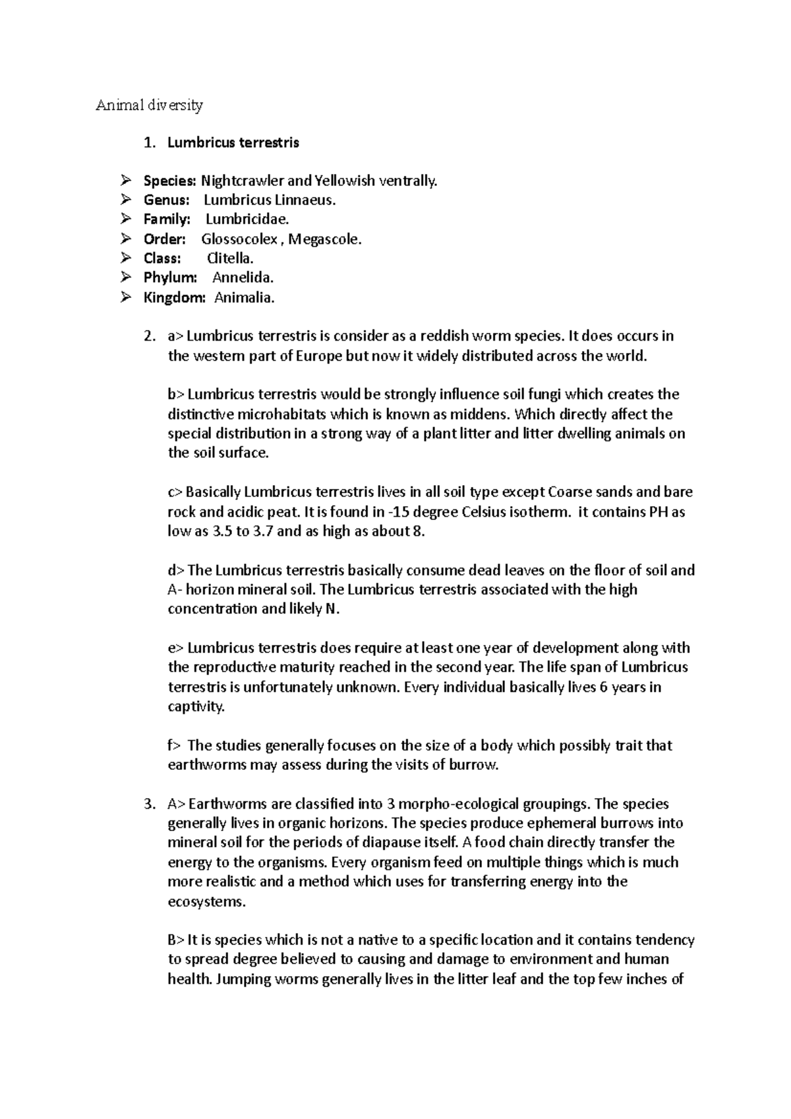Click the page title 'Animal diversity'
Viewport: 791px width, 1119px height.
pos(150,105)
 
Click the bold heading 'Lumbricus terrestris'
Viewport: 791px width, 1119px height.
pos(233,142)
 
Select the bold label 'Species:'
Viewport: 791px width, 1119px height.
pos(170,181)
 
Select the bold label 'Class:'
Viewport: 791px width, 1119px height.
pos(162,258)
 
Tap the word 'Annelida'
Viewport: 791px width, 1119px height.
pos(243,278)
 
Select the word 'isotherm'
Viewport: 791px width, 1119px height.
pos(541,512)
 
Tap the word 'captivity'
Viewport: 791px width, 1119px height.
pos(196,707)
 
